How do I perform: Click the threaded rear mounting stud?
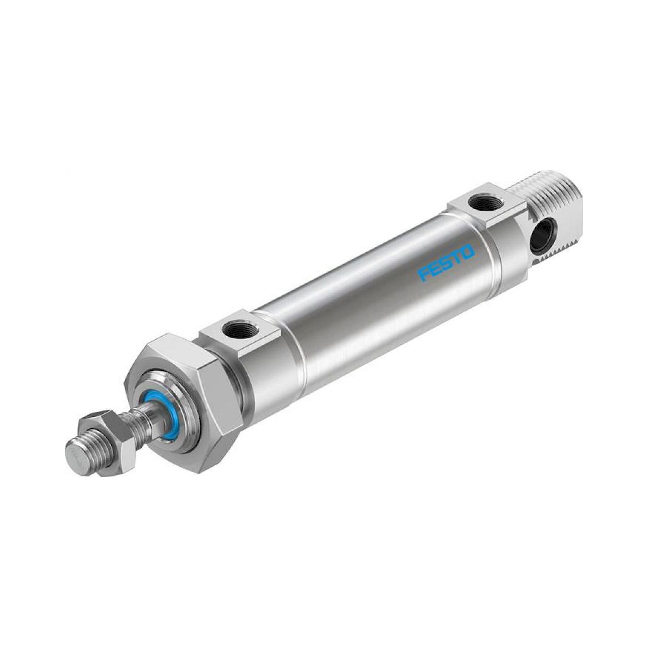537,204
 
